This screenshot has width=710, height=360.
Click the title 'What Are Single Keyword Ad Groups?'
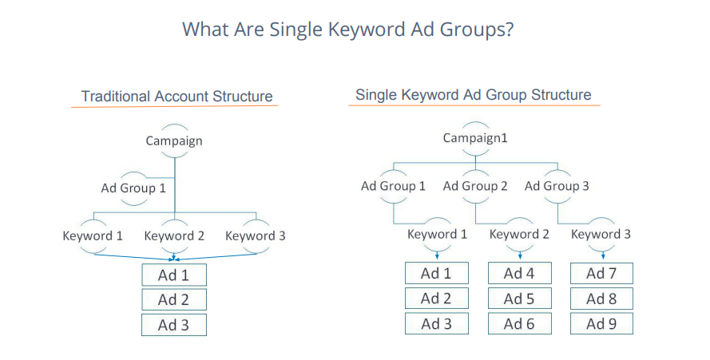347,30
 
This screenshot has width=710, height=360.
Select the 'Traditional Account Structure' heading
177,97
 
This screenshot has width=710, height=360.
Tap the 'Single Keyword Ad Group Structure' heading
473,95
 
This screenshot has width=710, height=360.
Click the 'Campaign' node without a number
174,140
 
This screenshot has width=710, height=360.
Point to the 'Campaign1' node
475,137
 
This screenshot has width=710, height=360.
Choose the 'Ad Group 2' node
475,186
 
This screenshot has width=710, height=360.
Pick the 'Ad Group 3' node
557,186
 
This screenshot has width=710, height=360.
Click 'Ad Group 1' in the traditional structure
133,188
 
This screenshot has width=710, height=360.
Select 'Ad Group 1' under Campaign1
393,186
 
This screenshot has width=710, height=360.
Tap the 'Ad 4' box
519,273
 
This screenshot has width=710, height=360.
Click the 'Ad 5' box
519,299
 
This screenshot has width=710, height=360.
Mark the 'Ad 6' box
519,324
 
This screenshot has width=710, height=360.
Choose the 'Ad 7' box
601,273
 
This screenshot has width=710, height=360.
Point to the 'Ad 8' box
601,299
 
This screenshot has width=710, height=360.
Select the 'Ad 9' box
601,324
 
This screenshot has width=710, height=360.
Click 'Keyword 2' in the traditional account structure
174,236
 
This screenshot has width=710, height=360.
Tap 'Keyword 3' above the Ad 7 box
601,234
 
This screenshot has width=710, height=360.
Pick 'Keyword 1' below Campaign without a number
93,236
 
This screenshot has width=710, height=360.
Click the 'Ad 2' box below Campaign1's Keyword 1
436,299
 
